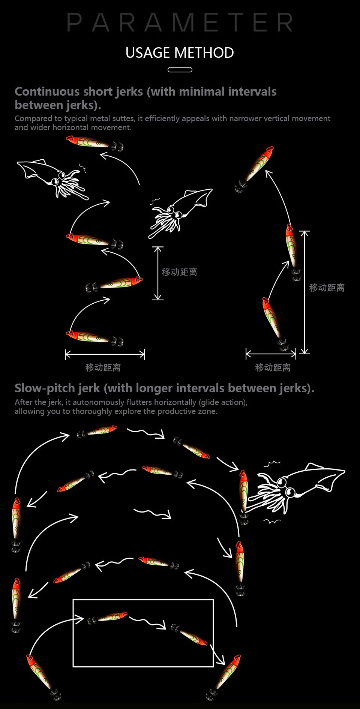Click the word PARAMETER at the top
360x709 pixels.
pyautogui.click(x=180, y=22)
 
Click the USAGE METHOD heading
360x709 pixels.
pyautogui.click(x=180, y=53)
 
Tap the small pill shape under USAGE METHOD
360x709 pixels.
pyautogui.click(x=180, y=70)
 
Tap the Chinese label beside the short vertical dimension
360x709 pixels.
pyautogui.click(x=179, y=272)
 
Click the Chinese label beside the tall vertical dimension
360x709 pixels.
pyautogui.click(x=327, y=288)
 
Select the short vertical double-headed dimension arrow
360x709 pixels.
pyautogui.click(x=158, y=273)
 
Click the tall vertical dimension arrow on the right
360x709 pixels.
pyautogui.click(x=305, y=292)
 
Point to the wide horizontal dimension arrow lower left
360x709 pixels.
pyautogui.click(x=105, y=354)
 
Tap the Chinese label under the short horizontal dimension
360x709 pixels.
pyautogui.click(x=273, y=367)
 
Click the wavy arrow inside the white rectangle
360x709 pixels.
pyautogui.click(x=148, y=622)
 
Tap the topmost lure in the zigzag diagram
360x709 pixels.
pyautogui.click(x=94, y=143)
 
